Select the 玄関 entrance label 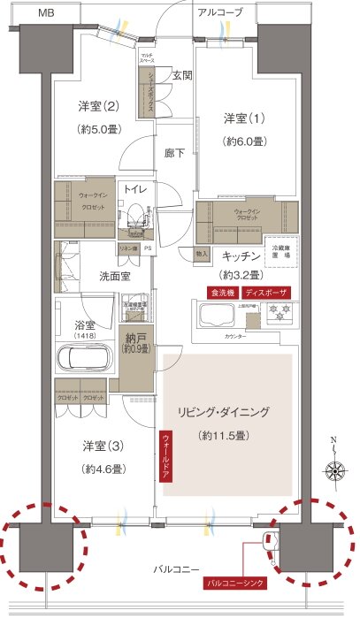(182, 76)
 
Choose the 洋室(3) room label (102, 446)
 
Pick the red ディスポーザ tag (266, 292)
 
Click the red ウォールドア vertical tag (165, 456)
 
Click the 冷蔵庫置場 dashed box (284, 251)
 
